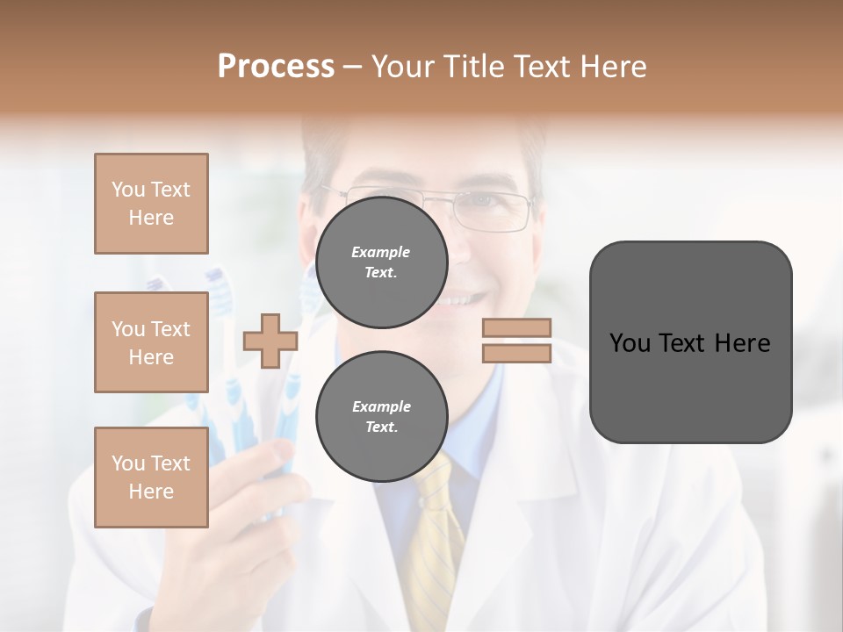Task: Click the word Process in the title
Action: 276,67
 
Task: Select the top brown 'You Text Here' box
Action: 151,204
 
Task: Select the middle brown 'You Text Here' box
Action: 151,342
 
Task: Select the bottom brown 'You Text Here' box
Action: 151,477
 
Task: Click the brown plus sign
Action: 270,341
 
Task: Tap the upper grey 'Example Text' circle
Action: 381,262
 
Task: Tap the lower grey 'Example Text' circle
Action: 381,416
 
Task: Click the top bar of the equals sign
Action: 516,327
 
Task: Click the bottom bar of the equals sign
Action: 516,353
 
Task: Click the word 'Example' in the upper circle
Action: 381,252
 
